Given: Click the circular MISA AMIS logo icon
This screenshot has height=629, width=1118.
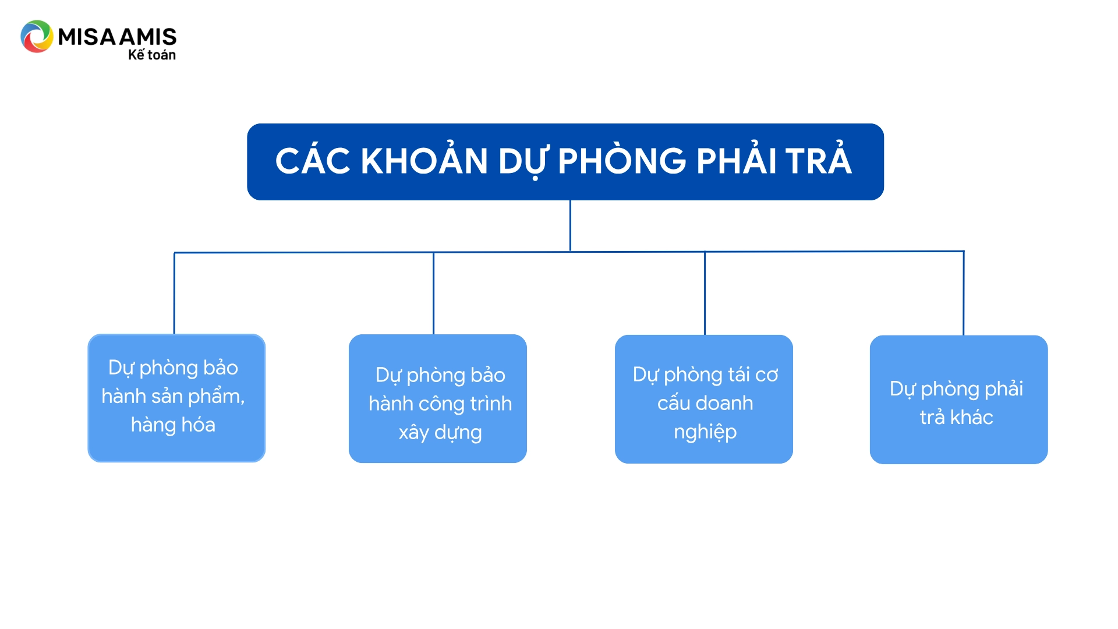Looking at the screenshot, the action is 37,37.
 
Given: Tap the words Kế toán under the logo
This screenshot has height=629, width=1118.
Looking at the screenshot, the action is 152,54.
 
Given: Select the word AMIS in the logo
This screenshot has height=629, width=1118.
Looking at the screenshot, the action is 148,37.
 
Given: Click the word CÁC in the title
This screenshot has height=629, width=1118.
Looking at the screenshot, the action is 313,161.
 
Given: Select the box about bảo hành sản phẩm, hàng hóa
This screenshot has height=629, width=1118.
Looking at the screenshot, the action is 176,398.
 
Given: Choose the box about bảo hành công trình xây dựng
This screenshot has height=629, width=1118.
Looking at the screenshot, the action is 438,398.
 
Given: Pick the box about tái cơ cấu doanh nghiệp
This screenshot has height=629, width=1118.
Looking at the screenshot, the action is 704,399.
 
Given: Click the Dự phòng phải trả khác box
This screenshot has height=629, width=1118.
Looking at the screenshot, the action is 959,400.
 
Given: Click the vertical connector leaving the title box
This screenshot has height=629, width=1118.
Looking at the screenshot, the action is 570,226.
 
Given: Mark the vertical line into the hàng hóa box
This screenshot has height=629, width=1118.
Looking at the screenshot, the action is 174,293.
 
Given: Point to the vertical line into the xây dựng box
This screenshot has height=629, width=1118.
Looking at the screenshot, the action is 434,294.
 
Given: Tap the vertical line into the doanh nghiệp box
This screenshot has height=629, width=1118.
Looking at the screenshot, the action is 705,294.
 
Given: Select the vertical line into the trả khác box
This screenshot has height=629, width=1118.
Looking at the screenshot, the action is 964,294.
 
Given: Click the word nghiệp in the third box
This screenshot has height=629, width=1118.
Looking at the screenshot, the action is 705,432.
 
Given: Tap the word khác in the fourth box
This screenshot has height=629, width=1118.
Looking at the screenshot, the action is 972,417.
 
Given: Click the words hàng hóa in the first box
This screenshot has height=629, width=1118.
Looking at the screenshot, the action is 173,425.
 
